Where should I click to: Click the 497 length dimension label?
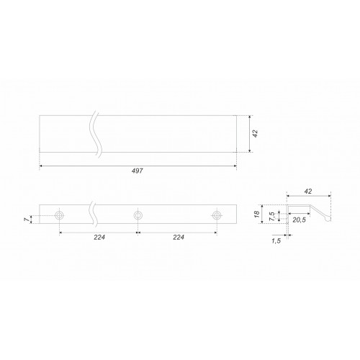[138, 171]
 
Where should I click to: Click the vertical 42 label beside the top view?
[256, 133]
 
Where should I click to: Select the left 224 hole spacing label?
[99, 238]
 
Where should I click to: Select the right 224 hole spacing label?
[179, 238]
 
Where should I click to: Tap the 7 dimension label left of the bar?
[28, 219]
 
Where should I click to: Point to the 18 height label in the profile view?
[257, 214]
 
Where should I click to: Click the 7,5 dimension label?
[272, 216]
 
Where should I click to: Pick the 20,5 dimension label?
[299, 220]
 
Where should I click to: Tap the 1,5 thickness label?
[276, 241]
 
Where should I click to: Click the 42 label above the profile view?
[308, 192]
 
